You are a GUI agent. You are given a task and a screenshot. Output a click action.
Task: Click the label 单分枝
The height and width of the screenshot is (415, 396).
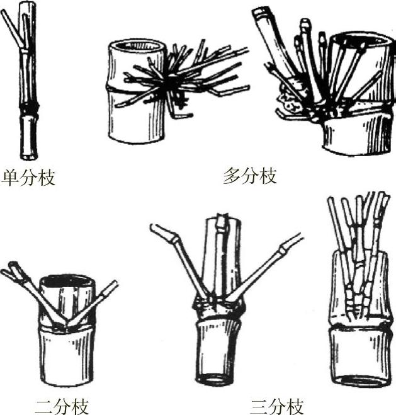[x=28, y=178]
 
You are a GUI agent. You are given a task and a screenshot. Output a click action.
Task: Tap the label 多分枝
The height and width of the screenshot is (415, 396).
[x=250, y=176]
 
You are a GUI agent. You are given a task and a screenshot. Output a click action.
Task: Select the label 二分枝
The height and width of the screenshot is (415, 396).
[x=62, y=407]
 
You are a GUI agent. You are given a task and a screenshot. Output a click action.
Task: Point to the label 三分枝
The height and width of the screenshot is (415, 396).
[x=277, y=407]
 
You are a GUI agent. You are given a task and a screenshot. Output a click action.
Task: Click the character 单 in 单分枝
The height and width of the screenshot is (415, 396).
[x=10, y=178]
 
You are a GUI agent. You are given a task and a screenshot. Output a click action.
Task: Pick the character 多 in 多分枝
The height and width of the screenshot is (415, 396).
[x=232, y=176]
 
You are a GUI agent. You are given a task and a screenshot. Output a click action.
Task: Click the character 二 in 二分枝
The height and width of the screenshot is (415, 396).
[x=44, y=407]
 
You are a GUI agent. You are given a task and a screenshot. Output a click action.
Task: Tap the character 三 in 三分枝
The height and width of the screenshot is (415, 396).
[x=259, y=407]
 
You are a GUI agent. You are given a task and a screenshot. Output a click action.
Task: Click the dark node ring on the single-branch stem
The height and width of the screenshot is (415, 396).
[x=29, y=108]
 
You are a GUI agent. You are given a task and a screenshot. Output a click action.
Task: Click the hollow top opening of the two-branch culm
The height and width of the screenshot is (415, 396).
[x=67, y=281]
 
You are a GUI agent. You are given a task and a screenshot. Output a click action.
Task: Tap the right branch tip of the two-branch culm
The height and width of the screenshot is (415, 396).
[x=112, y=285]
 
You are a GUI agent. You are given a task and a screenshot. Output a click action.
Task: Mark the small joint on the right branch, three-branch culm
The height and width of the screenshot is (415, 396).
[x=283, y=249]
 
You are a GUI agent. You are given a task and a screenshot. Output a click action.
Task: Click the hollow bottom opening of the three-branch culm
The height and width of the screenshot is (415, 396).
[x=215, y=378]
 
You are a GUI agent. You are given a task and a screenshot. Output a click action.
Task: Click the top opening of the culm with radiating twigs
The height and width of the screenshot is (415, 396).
[x=137, y=46]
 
